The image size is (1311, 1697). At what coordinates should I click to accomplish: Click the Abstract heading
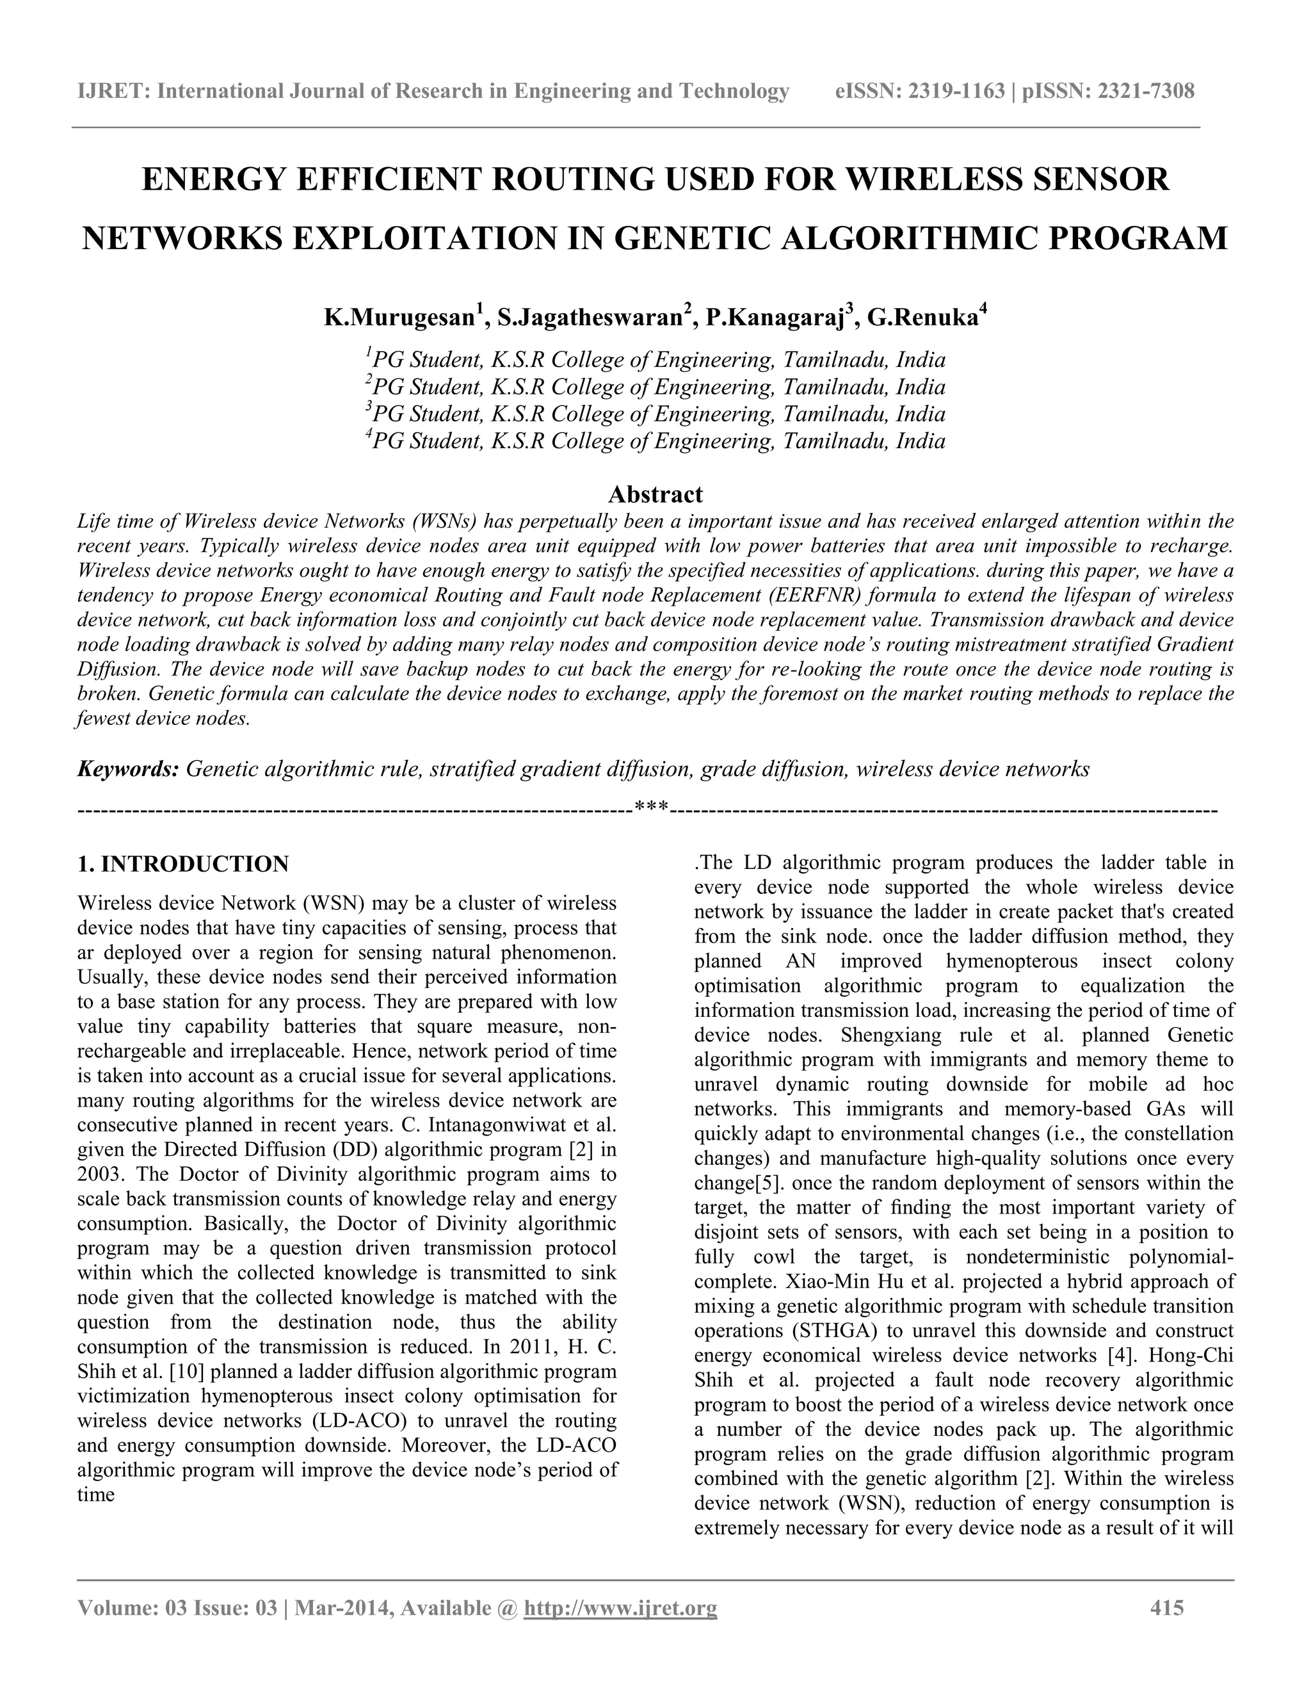[655, 494]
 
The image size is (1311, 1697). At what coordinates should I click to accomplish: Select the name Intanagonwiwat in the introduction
[485, 1125]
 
